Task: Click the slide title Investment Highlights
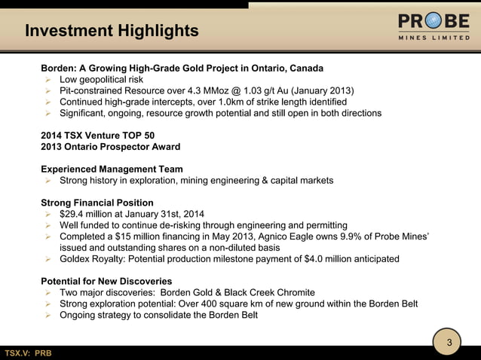(112, 31)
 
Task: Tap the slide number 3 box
(449, 343)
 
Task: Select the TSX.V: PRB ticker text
(29, 353)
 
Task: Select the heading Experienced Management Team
(112, 169)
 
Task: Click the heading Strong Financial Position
(97, 203)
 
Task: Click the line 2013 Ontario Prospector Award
(110, 146)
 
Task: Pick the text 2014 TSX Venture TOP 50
(101, 135)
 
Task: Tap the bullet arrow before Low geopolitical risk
(47, 79)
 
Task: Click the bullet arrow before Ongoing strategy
(47, 315)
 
